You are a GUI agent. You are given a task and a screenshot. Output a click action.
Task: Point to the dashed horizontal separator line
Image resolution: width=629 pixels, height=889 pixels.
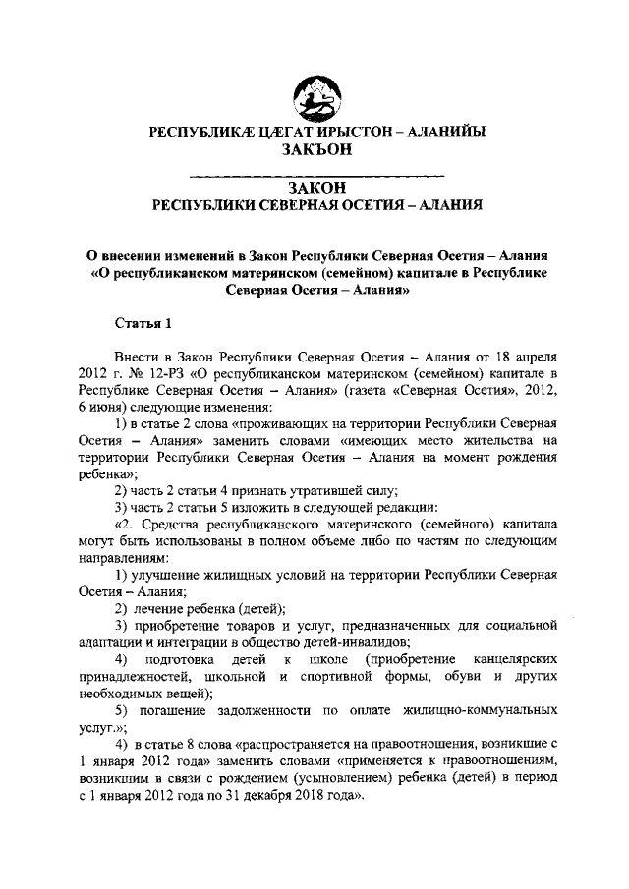[314, 175]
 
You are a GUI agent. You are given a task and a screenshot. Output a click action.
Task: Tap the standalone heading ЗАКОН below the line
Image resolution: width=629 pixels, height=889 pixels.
[314, 188]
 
